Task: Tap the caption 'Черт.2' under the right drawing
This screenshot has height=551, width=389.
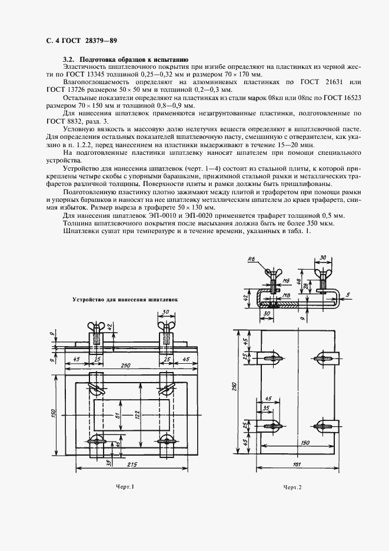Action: tap(292, 487)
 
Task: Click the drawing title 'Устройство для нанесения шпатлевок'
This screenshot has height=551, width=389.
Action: tap(125, 299)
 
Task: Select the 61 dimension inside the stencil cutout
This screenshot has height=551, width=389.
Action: tap(118, 417)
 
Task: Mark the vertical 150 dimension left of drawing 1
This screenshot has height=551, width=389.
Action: tap(52, 413)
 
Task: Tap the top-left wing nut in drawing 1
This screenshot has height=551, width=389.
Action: tap(96, 327)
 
